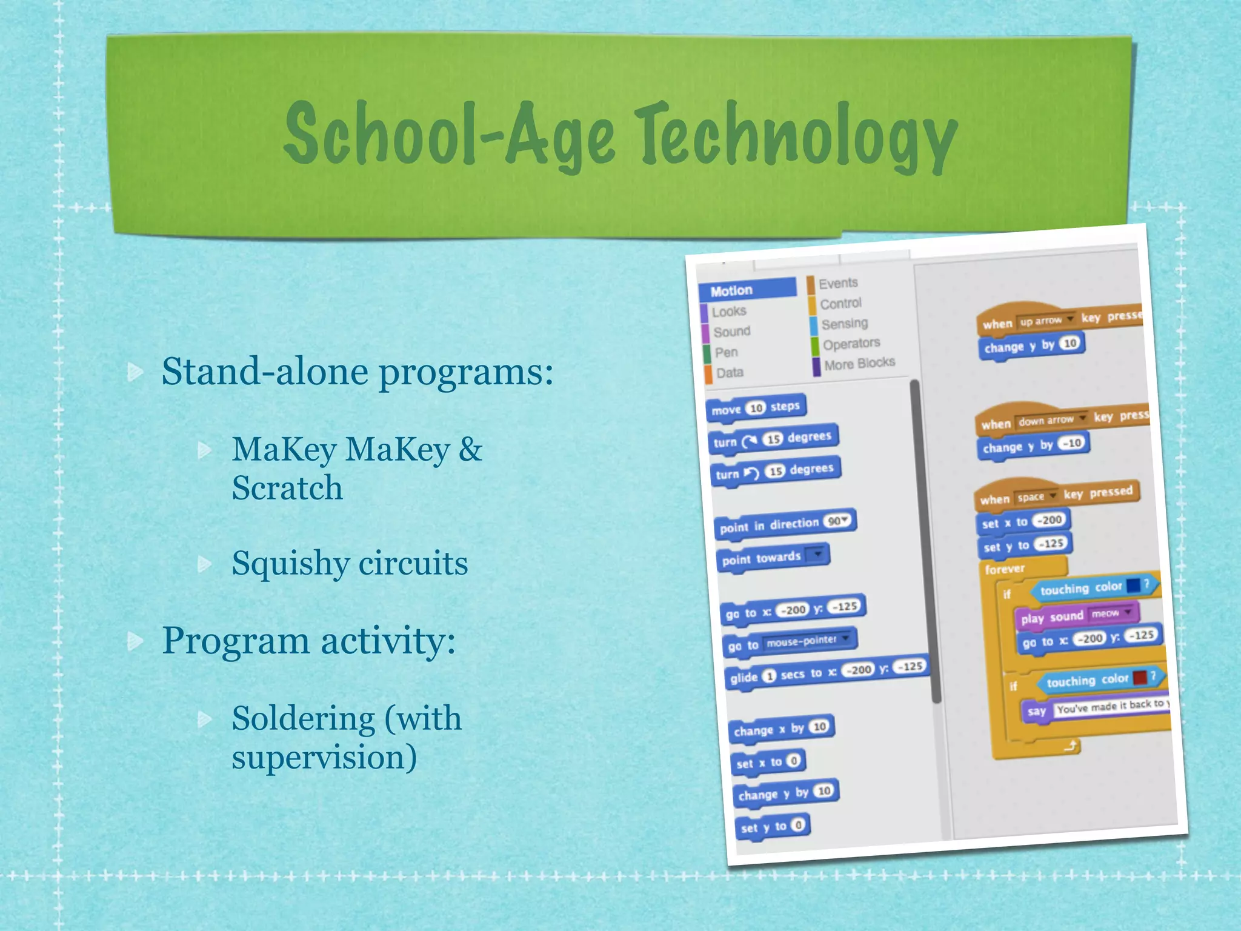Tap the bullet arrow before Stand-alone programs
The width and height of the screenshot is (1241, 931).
pos(135,372)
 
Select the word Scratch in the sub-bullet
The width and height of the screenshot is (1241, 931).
pos(287,488)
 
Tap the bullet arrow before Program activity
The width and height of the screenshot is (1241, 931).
pos(135,641)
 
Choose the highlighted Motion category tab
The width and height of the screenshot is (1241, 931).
pos(747,290)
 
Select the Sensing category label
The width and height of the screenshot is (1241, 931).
pos(844,324)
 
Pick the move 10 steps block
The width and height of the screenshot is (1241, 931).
pos(755,408)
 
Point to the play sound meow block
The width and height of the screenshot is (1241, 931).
pos(1076,616)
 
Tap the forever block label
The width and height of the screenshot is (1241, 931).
pos(1005,569)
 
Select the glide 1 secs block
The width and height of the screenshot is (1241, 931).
pos(825,672)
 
